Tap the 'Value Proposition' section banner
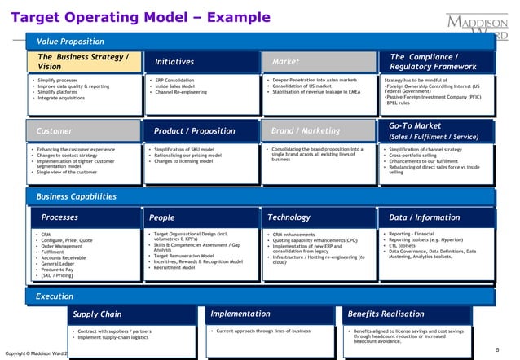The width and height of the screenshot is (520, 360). tap(69, 41)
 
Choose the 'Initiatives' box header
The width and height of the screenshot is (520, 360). tap(174, 61)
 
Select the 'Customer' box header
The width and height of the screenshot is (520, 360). tap(55, 130)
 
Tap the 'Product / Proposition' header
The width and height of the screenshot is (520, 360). tap(189, 130)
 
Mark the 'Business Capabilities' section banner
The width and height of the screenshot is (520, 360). tap(76, 196)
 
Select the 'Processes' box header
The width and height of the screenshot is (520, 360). tap(59, 217)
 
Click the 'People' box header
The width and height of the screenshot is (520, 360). tap(162, 217)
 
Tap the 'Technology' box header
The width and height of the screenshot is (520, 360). tap(289, 217)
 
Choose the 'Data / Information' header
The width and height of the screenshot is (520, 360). tap(425, 217)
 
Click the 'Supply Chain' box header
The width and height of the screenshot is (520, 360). tap(97, 314)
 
